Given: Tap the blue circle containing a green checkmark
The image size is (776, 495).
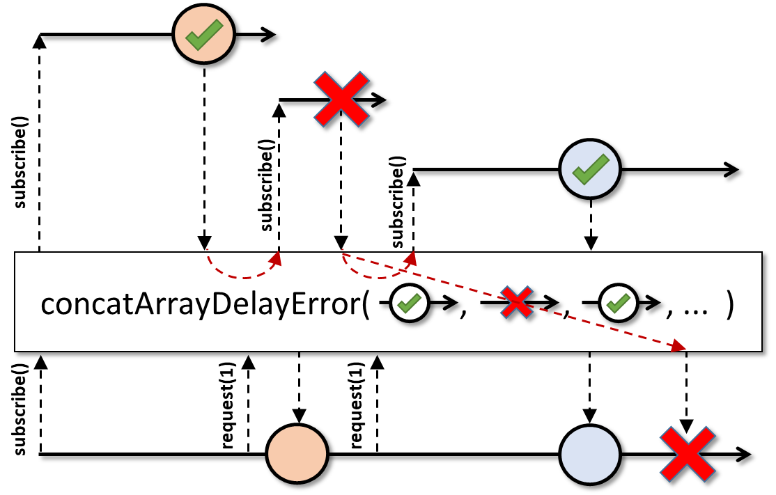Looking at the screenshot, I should tap(591, 169).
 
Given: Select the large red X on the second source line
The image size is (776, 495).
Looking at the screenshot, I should tap(341, 99).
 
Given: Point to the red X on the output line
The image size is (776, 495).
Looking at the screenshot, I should tap(687, 454).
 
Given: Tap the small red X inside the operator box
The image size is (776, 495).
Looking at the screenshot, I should tap(515, 303).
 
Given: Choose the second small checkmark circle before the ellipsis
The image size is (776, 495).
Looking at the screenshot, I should tap(616, 303).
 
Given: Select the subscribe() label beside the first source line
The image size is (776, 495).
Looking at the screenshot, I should tap(20, 171).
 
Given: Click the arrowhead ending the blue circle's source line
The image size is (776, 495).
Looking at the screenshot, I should tap(731, 169).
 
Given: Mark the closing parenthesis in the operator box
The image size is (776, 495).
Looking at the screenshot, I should tap(729, 305).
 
